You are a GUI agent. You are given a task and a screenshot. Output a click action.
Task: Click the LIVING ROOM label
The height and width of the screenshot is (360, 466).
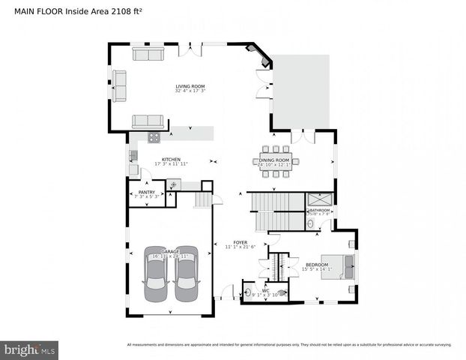(190, 86)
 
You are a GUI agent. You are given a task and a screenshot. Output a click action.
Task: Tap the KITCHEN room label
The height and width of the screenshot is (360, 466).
(171, 159)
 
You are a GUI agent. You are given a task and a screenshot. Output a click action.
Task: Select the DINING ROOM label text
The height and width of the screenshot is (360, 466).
(274, 160)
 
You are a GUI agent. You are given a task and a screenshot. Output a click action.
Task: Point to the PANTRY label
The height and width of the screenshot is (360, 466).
(147, 192)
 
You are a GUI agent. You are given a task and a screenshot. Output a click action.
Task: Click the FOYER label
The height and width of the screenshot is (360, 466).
(240, 242)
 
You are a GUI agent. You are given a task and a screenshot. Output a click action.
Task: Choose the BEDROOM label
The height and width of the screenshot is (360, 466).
(315, 265)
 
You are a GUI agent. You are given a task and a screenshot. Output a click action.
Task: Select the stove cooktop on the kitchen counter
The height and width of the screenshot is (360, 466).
(154, 136)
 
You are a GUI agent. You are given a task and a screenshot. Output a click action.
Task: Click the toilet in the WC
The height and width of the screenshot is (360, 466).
(281, 294)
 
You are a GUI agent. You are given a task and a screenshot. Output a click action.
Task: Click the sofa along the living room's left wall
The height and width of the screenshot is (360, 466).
(119, 85)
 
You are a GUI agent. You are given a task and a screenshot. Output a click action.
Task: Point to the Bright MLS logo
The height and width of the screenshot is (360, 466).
(30, 349)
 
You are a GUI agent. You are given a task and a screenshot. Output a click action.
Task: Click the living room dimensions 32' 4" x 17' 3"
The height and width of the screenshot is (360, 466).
(190, 91)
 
